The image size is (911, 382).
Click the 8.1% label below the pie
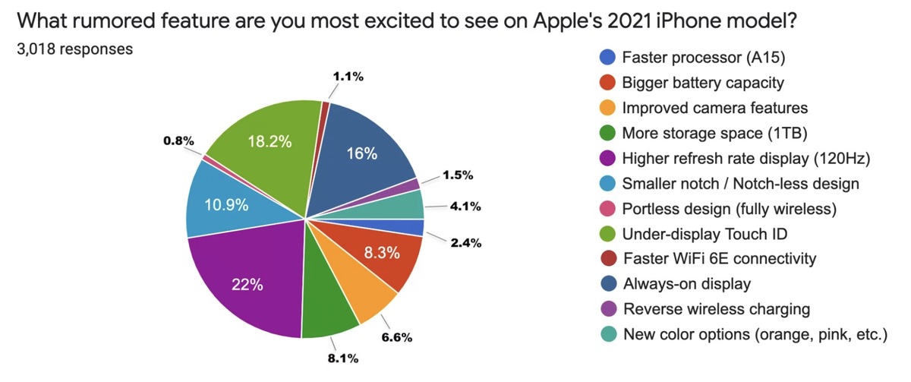342,358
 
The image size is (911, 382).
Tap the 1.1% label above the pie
348,77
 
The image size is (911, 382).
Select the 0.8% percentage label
178,140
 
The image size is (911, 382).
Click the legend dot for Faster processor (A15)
607,57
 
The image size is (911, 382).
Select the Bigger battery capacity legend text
702,82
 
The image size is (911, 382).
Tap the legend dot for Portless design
607,208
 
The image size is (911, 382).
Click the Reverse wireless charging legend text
716,309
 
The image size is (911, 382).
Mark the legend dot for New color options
607,334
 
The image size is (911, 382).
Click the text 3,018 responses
75,49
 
